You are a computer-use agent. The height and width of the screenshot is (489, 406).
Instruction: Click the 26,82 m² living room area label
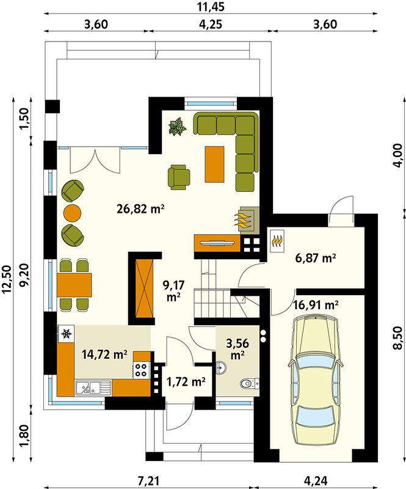pyautogui.click(x=140, y=208)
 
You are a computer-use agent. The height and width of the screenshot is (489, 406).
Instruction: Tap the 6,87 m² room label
pyautogui.click(x=315, y=258)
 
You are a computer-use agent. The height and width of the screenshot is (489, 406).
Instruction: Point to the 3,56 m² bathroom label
pyautogui.click(x=237, y=348)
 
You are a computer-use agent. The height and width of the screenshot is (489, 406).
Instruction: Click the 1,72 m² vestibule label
pyautogui.click(x=186, y=381)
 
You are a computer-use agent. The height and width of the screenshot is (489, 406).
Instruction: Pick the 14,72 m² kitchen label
pyautogui.click(x=104, y=355)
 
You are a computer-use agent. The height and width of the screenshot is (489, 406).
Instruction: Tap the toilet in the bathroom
pyautogui.click(x=250, y=383)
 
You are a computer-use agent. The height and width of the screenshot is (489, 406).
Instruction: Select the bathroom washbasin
pyautogui.click(x=221, y=368)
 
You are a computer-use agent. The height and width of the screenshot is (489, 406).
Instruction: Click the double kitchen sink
pyautogui.click(x=93, y=388)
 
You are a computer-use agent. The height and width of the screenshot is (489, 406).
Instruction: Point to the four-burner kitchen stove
pyautogui.click(x=140, y=370)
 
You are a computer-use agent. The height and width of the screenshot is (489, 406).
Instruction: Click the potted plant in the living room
pyautogui.click(x=178, y=127)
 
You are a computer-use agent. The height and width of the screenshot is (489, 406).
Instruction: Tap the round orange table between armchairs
pyautogui.click(x=72, y=213)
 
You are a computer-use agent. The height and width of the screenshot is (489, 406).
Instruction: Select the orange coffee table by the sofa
pyautogui.click(x=214, y=164)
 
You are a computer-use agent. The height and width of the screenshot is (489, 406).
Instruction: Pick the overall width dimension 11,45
pyautogui.click(x=211, y=7)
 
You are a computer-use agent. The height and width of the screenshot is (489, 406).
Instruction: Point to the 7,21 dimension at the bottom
pyautogui.click(x=148, y=480)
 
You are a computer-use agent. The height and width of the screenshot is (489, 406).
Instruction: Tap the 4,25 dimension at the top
pyautogui.click(x=211, y=24)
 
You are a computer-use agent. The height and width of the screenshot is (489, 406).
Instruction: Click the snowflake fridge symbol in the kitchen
pyautogui.click(x=66, y=334)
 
